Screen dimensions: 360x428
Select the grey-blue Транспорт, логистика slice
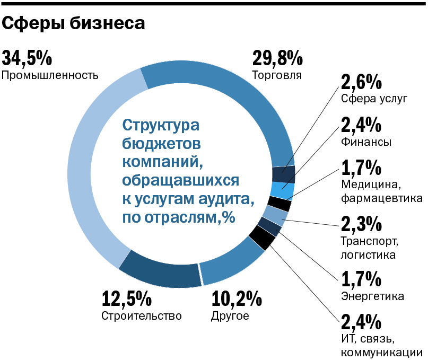coord(274,215)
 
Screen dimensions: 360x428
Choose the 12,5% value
coord(127,300)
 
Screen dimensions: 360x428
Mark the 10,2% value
coord(237,300)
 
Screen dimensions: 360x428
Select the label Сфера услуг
coord(374,99)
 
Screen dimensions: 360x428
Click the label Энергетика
coord(373,295)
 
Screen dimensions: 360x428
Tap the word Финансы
coord(366,142)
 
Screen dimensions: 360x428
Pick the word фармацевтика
coord(382,198)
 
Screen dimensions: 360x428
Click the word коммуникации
coord(381,352)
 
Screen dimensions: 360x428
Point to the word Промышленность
coord(50,75)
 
